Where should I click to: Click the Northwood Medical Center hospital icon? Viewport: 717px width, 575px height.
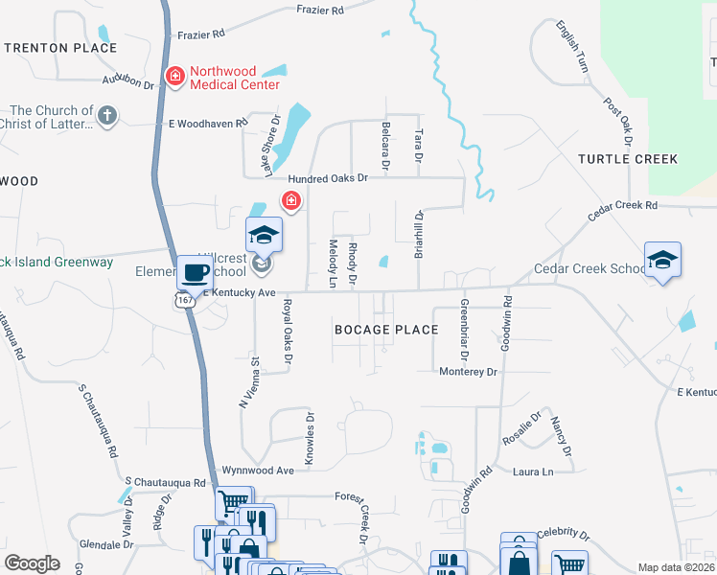click(174, 77)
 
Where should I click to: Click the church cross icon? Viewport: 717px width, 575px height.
click(107, 117)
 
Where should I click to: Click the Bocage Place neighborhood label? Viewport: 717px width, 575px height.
click(386, 330)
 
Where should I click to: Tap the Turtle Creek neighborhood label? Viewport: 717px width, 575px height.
click(628, 159)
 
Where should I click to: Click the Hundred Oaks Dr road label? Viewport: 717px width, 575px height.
click(328, 179)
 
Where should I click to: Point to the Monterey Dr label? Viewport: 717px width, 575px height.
click(469, 371)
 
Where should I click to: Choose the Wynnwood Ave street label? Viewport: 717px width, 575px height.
click(258, 471)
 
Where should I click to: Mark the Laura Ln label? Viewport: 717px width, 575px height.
click(534, 471)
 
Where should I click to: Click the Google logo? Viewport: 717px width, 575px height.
click(33, 563)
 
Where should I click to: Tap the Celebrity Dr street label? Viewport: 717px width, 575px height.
click(561, 533)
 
